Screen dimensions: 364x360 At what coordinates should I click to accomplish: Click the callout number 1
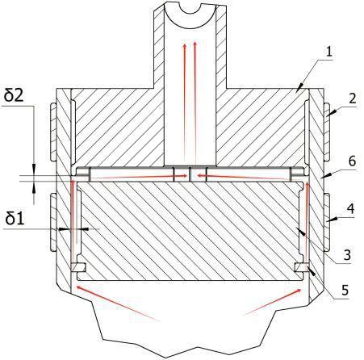(329, 51)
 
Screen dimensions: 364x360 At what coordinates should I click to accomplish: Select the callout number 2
(353, 98)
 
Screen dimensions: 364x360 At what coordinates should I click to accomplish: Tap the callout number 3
(347, 255)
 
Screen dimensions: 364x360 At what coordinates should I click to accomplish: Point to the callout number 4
(351, 209)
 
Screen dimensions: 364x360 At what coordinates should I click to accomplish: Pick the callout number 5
(345, 290)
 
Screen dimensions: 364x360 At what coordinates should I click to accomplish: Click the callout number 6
(352, 161)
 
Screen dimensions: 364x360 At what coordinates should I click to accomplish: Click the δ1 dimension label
(15, 219)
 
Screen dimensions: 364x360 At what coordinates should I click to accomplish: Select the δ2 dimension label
(14, 96)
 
